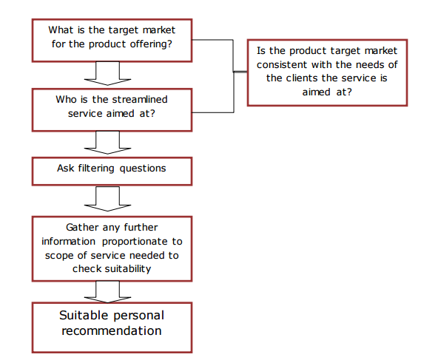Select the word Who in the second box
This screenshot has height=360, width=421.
(x=67, y=98)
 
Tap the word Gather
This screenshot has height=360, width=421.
(x=82, y=227)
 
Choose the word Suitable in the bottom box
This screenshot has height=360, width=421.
(x=83, y=316)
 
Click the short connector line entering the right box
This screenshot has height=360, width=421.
(x=240, y=72)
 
